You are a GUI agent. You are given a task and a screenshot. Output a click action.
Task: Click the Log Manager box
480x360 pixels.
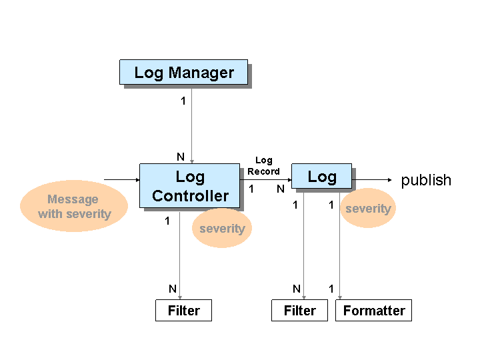click(183, 72)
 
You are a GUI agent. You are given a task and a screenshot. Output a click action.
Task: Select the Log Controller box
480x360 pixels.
click(189, 186)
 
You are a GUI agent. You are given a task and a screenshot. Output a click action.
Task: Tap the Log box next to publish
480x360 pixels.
click(321, 177)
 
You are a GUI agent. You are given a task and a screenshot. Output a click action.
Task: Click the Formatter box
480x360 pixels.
click(373, 311)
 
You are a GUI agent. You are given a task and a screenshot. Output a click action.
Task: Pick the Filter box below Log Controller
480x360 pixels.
click(183, 311)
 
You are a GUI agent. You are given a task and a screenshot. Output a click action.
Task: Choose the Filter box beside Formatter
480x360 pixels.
click(299, 311)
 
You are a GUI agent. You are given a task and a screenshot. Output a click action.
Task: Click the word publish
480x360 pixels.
click(426, 180)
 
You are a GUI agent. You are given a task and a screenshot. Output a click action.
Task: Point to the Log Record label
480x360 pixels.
click(264, 166)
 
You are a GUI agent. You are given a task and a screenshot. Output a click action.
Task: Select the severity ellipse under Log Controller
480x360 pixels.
click(222, 229)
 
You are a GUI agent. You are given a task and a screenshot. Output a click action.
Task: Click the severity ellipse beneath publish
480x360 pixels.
click(367, 209)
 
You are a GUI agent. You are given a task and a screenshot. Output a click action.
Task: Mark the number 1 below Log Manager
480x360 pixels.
click(183, 101)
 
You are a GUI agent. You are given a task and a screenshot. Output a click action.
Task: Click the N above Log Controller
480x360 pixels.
click(180, 157)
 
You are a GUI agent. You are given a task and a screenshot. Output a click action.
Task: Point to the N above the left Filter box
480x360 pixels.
click(173, 289)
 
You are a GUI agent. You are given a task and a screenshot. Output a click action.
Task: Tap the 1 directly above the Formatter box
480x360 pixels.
click(331, 289)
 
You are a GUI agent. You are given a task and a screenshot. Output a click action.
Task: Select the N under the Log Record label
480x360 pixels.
click(281, 189)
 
